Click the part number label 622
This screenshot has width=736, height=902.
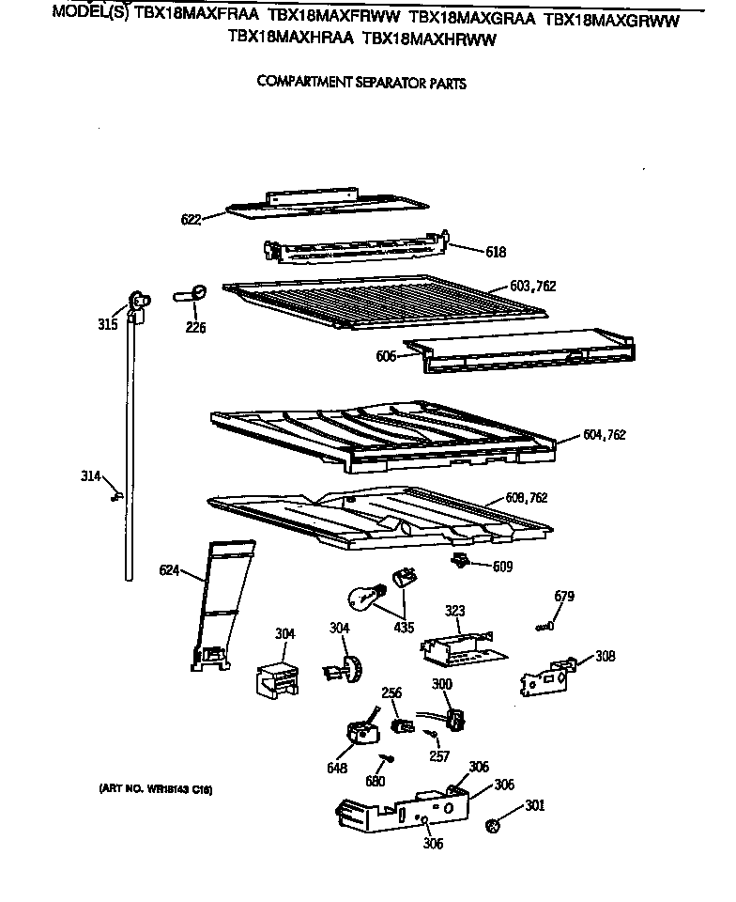coord(192,220)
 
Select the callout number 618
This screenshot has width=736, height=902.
coord(496,252)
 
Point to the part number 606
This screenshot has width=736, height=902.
coord(385,355)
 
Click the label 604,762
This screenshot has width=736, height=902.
coord(604,435)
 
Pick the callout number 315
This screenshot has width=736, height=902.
coord(108,324)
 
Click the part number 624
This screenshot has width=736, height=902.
coord(169,570)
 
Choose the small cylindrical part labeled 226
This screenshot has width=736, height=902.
coord(192,294)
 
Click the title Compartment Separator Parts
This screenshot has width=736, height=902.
coord(361,83)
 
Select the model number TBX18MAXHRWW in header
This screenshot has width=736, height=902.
coord(429,39)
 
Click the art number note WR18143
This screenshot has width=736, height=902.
coord(156,789)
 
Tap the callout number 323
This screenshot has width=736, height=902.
coord(454,612)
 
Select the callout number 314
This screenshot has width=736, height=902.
coord(90,476)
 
